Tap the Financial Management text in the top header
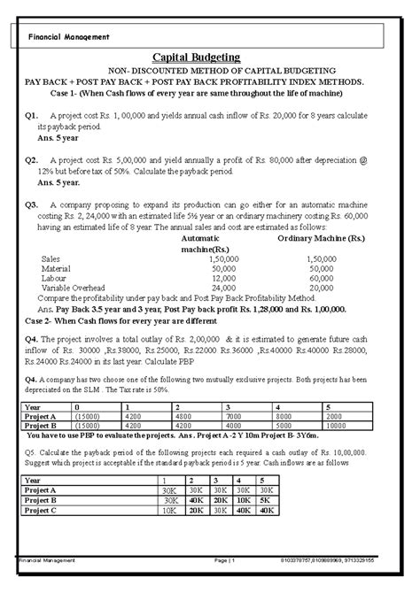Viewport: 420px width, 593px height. [x=69, y=36]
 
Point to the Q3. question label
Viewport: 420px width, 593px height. [x=34, y=204]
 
